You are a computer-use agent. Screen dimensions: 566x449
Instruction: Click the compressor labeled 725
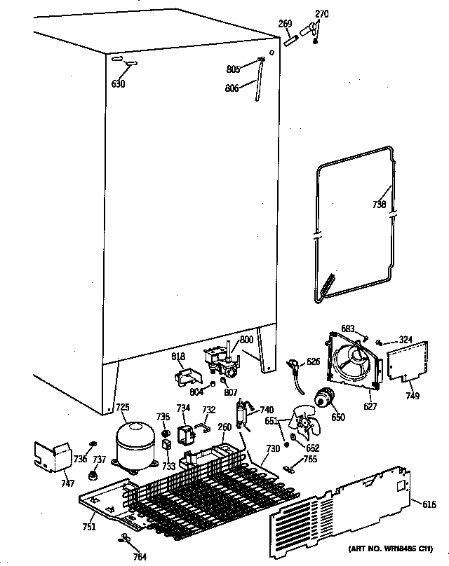(x=134, y=443)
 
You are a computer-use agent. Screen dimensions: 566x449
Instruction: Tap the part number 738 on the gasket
(x=380, y=205)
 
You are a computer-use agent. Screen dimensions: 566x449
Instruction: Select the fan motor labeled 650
(x=324, y=399)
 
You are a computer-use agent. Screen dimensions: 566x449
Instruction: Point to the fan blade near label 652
(x=304, y=424)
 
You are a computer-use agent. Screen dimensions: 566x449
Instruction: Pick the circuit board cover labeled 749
(x=406, y=359)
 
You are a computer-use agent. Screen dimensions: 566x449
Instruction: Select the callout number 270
(x=321, y=14)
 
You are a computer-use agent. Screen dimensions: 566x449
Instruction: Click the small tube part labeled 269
(x=290, y=41)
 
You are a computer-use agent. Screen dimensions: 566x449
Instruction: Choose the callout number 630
(x=118, y=84)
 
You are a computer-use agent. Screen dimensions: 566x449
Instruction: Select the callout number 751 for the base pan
(x=88, y=527)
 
